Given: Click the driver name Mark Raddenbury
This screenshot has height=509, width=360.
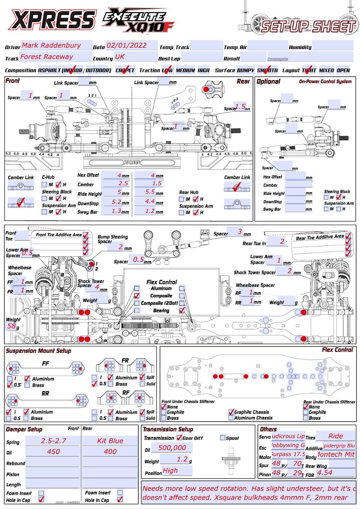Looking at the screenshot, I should [x=51, y=45].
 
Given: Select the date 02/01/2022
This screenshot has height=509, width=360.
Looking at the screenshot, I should [x=127, y=45].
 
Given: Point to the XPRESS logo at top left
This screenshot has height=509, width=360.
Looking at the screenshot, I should [x=52, y=19].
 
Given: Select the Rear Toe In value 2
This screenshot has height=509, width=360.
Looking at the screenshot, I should [x=282, y=242].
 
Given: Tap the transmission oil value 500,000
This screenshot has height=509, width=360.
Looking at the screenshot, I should [x=172, y=448].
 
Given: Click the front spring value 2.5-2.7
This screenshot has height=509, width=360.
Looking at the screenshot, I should [x=54, y=441].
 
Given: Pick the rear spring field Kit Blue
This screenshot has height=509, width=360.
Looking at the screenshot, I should [x=110, y=441].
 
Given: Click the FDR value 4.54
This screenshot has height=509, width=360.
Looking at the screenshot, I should [x=325, y=473].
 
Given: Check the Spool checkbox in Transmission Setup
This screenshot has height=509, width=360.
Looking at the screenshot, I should [x=223, y=437].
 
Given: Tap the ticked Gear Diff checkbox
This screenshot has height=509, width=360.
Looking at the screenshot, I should [x=179, y=437].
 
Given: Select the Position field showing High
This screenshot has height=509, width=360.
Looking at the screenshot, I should [x=171, y=470].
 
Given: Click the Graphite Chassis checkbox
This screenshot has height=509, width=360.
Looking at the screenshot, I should [x=231, y=412].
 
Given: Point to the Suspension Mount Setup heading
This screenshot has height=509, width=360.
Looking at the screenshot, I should [x=38, y=351].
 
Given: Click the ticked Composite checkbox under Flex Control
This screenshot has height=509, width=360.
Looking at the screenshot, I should [x=137, y=296].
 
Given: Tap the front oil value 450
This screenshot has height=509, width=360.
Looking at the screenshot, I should [x=53, y=452].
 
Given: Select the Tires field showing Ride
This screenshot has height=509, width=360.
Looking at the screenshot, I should [x=336, y=436].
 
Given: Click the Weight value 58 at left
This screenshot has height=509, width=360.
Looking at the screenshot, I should [x=12, y=326].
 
